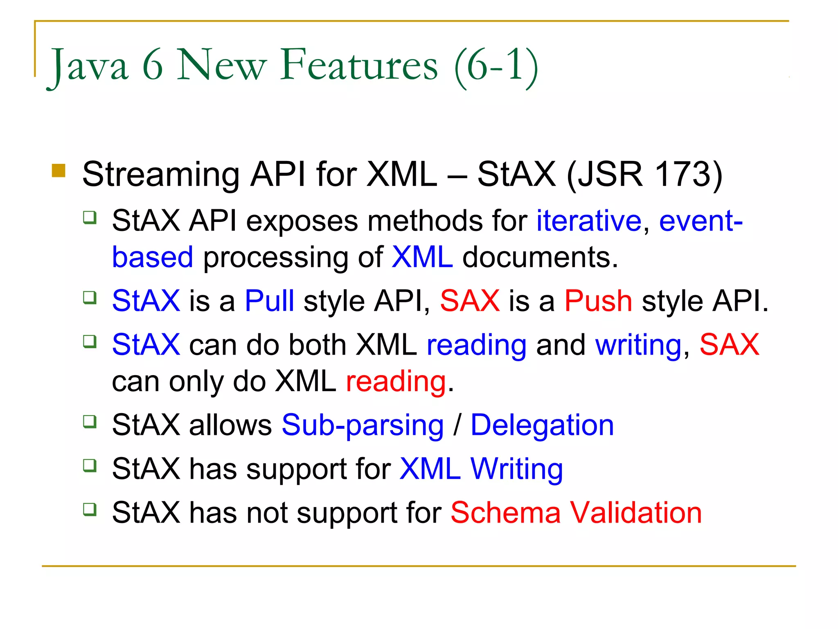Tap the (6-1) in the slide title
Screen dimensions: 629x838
(496, 66)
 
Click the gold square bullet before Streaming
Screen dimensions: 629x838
(59, 171)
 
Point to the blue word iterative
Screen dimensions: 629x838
(588, 221)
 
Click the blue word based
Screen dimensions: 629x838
(152, 258)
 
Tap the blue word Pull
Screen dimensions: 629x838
(269, 301)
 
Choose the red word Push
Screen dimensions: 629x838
(598, 301)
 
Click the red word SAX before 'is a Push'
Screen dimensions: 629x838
(469, 301)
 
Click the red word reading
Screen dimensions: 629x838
(396, 382)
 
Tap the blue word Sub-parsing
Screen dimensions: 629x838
(363, 425)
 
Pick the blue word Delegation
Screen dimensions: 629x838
(542, 425)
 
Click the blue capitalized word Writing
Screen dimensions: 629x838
(516, 469)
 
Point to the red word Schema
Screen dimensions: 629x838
(505, 513)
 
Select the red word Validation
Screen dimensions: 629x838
(636, 513)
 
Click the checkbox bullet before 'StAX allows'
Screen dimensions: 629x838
(90, 421)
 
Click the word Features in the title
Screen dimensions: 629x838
(359, 66)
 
